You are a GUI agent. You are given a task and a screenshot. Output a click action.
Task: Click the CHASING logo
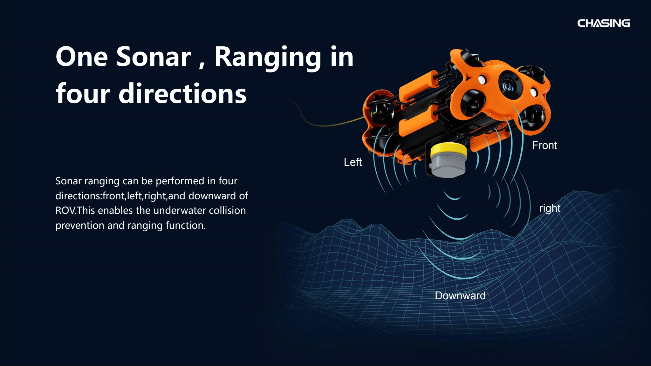point(603,23)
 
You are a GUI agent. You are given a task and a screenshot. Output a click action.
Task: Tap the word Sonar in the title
point(154,57)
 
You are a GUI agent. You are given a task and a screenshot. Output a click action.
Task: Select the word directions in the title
point(182,94)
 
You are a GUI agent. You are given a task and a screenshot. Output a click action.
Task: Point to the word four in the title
point(83,94)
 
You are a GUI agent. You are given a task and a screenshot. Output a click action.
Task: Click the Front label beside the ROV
point(544,146)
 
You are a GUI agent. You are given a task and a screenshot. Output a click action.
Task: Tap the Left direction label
point(353,162)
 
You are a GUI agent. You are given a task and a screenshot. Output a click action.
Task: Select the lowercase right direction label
point(550,208)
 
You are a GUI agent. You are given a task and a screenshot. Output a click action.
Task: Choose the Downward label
point(460,296)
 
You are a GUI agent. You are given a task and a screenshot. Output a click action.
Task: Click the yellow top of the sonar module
point(449,150)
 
